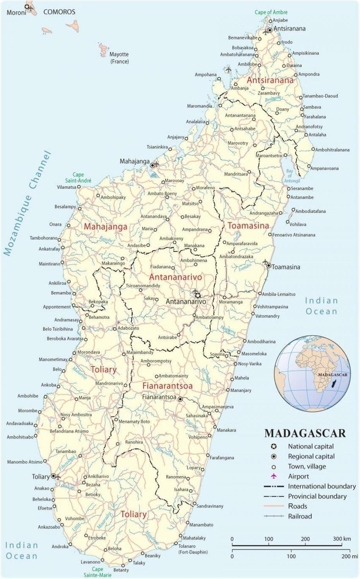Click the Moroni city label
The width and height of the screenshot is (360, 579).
coord(16,13)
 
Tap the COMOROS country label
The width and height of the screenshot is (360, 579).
coord(59,12)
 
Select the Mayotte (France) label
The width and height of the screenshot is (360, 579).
coord(119,58)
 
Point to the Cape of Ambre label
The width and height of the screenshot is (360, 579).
coord(271,12)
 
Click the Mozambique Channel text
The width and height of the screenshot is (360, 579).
coord(27,203)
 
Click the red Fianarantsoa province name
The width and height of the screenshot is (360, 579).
coord(167,386)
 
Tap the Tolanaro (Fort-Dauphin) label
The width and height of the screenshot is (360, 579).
coord(193,549)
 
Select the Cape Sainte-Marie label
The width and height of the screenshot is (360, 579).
coord(98,572)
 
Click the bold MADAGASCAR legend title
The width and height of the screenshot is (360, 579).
coord(305,433)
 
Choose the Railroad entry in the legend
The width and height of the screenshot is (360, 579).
coord(300,516)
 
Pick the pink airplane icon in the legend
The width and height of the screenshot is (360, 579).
coord(274,476)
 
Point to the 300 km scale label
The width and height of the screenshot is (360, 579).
coord(342,539)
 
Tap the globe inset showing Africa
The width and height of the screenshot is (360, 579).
coord(312,373)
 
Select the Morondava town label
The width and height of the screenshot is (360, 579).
coord(89,352)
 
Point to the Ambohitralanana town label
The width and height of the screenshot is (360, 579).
coord(332,150)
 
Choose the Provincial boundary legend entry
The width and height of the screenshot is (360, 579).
coord(317,496)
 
